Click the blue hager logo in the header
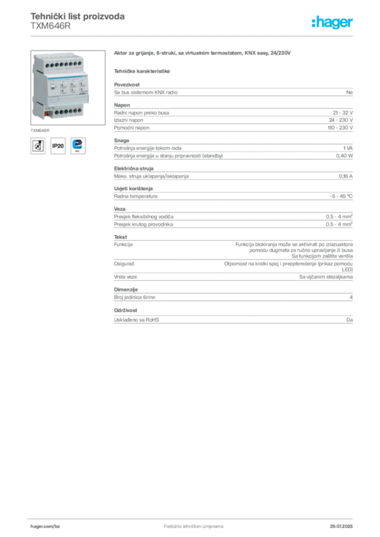point(333,23)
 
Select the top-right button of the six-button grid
point(81,84)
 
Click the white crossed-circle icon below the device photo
point(37,145)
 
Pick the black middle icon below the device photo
point(58,146)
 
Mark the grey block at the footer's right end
point(342,523)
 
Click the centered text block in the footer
point(186,523)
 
